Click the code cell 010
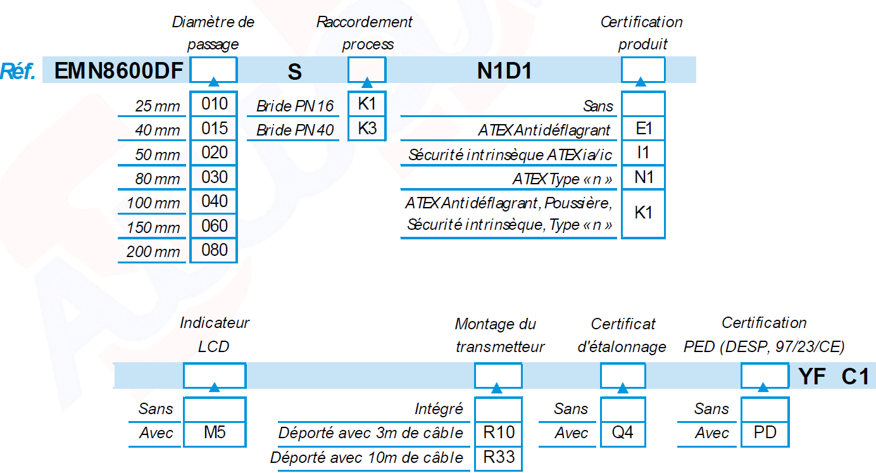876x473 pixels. point(214,104)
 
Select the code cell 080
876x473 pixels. point(214,250)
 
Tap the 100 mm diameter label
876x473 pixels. point(153,203)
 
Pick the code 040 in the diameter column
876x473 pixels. point(214,201)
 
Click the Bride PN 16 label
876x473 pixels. point(295,106)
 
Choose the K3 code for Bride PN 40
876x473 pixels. point(367,129)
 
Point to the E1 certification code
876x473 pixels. point(643,129)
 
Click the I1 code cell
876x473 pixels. point(643,153)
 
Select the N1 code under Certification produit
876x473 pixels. point(643,177)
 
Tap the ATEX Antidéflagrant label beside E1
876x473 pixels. point(544,130)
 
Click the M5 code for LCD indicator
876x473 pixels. point(215,432)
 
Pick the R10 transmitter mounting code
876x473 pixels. point(499,432)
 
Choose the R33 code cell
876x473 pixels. point(499,457)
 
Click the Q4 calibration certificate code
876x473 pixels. point(623,432)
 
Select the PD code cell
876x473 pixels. point(765,432)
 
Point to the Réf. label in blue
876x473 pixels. point(18,71)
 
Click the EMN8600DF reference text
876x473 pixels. point(118,71)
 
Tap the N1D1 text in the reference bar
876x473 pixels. point(504,71)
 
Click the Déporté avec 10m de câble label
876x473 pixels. point(366,458)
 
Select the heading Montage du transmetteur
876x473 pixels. point(500,336)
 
